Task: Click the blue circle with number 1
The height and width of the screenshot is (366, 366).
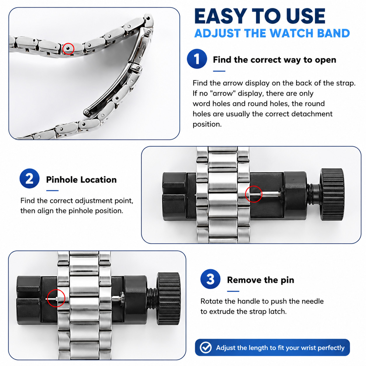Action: coord(197,59)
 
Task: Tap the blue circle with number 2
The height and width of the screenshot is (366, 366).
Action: coord(29,178)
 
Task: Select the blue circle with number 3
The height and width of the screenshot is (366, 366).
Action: coord(210,279)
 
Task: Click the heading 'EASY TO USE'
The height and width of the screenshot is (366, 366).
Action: coord(260,17)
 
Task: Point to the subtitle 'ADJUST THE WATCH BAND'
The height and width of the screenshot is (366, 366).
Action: coord(272,33)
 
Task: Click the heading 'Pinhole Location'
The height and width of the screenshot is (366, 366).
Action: coord(81,179)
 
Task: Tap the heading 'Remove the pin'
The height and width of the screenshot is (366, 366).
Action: coord(260,280)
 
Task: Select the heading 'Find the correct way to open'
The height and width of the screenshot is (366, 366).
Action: coord(274,60)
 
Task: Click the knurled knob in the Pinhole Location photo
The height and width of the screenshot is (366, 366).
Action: coord(332,194)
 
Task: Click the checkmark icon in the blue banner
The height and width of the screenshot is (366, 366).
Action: coord(206,348)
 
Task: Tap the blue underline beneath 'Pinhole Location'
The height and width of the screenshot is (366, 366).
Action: coord(52,191)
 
